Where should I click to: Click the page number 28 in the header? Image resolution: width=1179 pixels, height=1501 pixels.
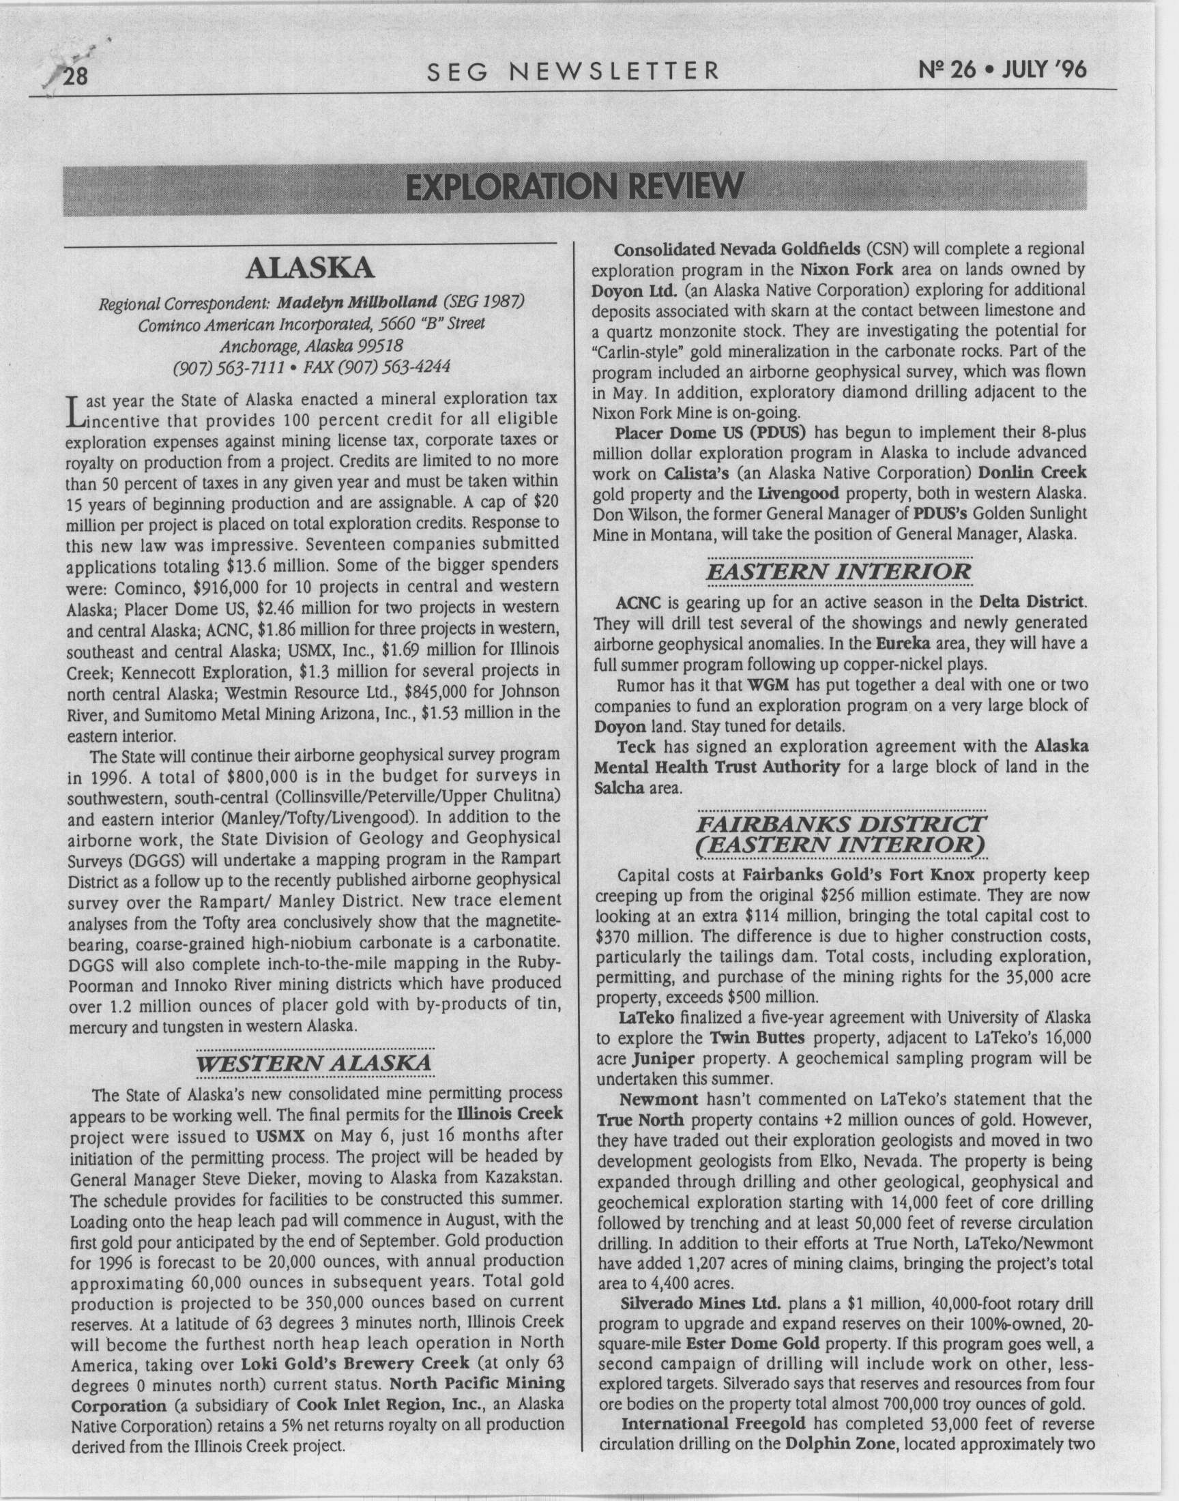pos(74,74)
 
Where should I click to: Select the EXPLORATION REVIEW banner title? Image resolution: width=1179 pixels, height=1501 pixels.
pos(575,186)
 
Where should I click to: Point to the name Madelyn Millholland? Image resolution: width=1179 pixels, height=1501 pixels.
pos(358,302)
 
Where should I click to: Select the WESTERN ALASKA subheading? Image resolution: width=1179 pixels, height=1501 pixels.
pos(315,1062)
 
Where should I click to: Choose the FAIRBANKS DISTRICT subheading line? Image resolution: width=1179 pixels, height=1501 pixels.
pos(842,825)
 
